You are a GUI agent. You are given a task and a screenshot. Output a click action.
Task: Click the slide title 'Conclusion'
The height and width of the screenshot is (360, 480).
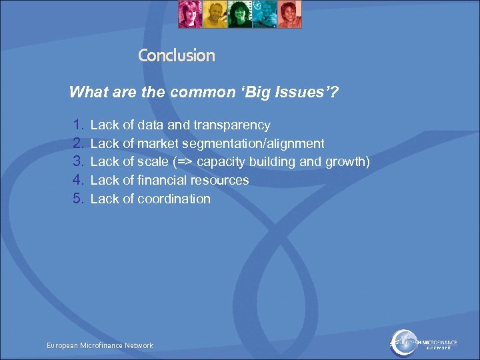click(x=177, y=55)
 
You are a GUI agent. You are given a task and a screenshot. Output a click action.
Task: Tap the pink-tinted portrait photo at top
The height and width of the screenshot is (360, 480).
click(x=190, y=15)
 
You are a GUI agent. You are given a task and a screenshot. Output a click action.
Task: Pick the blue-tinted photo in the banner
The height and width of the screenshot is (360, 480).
click(x=264, y=15)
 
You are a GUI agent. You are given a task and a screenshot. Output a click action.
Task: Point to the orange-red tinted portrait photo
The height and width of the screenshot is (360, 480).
click(x=289, y=15)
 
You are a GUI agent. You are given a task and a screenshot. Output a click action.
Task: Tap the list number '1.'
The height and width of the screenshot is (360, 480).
click(x=79, y=125)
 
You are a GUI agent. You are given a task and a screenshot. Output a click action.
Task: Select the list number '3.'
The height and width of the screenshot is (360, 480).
click(x=79, y=162)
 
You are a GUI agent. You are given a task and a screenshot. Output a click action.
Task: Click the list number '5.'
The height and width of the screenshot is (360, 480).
click(x=79, y=199)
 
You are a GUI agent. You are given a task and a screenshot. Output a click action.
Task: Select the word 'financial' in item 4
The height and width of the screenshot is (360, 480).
click(x=162, y=180)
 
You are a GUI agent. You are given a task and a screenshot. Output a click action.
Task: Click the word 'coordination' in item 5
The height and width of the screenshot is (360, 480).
click(x=174, y=199)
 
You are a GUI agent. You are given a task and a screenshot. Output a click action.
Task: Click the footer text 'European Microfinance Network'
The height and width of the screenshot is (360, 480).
click(x=100, y=345)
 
